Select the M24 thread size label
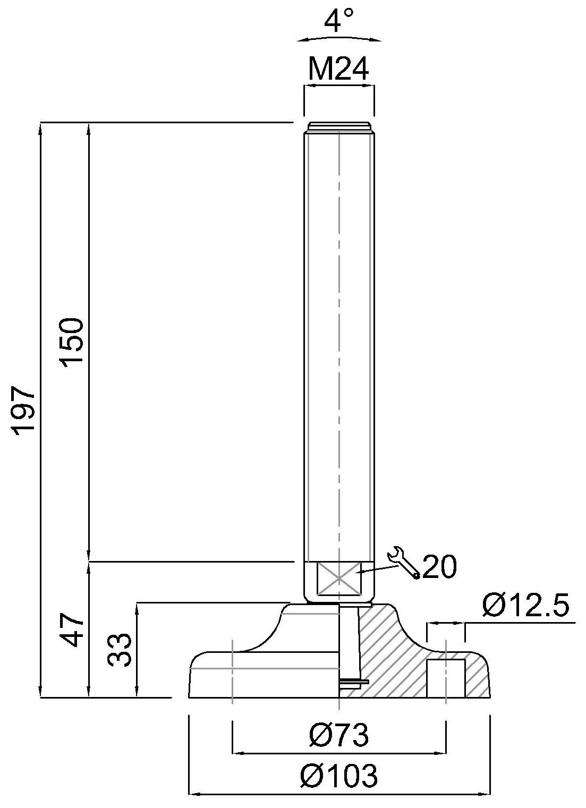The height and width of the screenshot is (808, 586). (338, 69)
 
